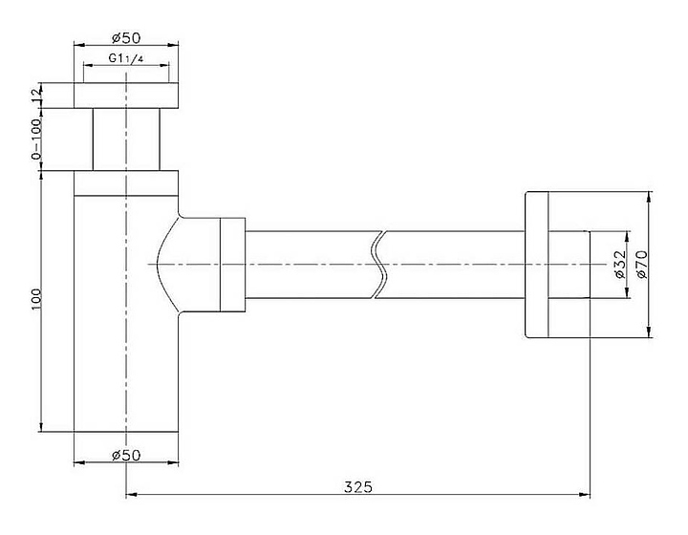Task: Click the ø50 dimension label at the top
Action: [x=126, y=37]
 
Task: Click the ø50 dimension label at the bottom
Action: [x=126, y=455]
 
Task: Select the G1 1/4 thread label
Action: [x=126, y=58]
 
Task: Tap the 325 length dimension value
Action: [x=358, y=487]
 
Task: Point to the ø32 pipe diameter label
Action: [x=619, y=264]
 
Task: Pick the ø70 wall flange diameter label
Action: [x=641, y=264]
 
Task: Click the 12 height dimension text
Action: [x=36, y=95]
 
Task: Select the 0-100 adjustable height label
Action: [x=36, y=139]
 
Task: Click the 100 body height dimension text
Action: [x=36, y=300]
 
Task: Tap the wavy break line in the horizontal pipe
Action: [x=380, y=265]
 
